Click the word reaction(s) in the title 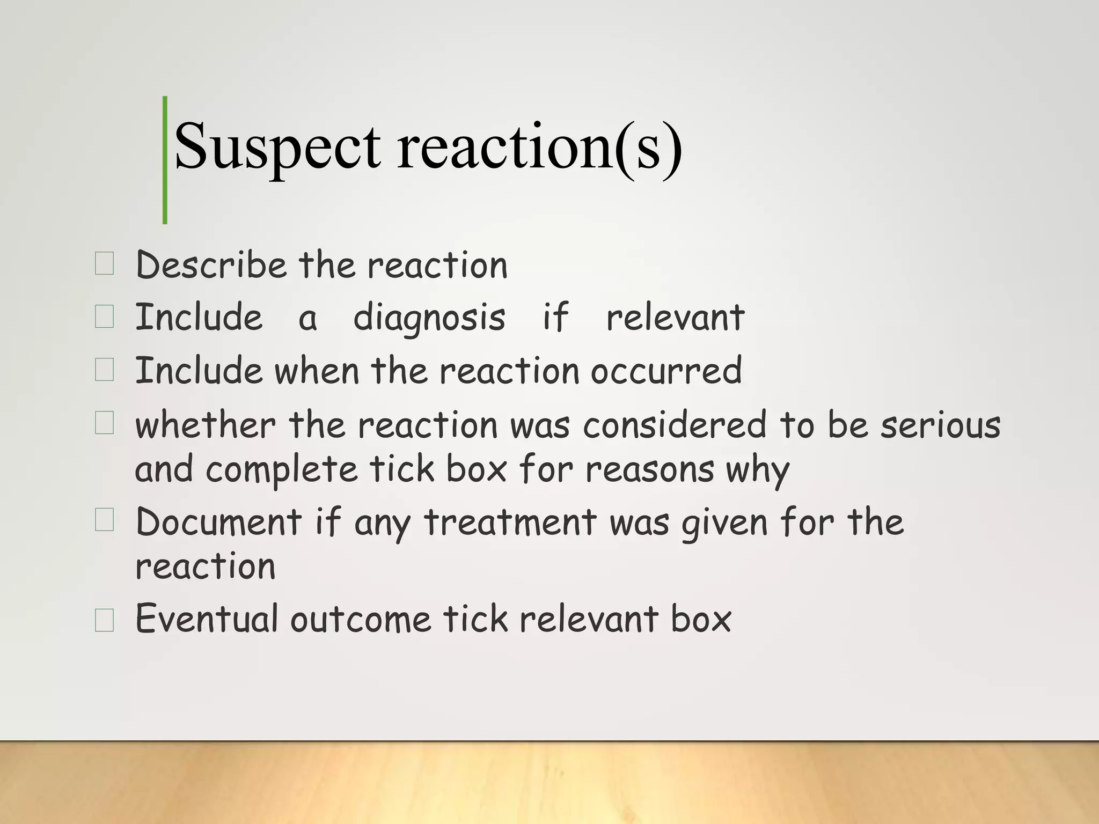pos(539,146)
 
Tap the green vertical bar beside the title pos(165,160)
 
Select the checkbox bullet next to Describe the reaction pos(104,264)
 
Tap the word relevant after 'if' pos(675,318)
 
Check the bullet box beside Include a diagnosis pos(104,317)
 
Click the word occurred pos(666,371)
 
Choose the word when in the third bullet pos(317,371)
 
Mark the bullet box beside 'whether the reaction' pos(104,423)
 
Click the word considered pos(675,425)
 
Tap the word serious pos(941,425)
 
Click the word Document pos(219,521)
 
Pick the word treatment pos(510,521)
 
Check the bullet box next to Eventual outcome pos(104,620)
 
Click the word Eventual pos(207,619)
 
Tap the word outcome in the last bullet pos(361,619)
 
